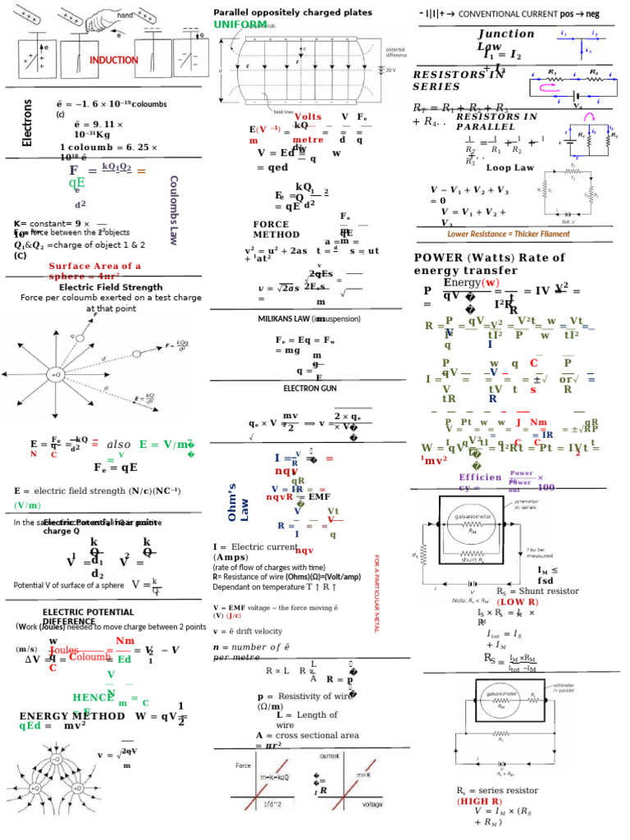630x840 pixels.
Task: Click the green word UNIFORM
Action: (x=240, y=25)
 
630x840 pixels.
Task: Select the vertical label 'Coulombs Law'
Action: (x=173, y=210)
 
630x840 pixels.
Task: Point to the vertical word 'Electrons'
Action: (x=27, y=122)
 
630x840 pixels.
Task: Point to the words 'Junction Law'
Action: (x=505, y=40)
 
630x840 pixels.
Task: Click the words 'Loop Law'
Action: (x=510, y=167)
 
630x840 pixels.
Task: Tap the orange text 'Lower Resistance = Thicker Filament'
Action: (x=509, y=234)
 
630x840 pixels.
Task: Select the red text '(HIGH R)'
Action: (x=480, y=800)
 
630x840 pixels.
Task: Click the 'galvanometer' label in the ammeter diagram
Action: (x=477, y=518)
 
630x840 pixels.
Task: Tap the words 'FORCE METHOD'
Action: (x=276, y=229)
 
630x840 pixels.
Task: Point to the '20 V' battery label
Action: (x=390, y=70)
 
